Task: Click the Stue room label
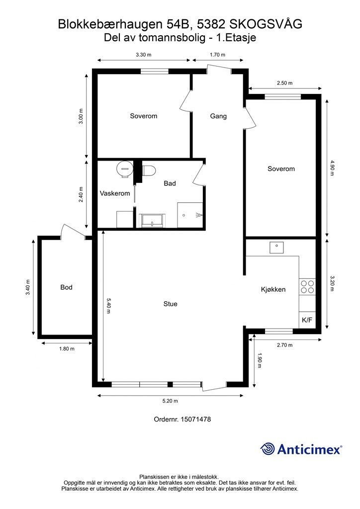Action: pyautogui.click(x=170, y=304)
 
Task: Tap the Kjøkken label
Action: pyautogui.click(x=273, y=289)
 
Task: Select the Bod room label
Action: pyautogui.click(x=66, y=287)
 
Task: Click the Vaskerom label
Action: pyautogui.click(x=115, y=193)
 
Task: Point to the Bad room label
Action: pyautogui.click(x=170, y=183)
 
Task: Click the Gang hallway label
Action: pyautogui.click(x=218, y=116)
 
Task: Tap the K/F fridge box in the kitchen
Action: pyautogui.click(x=307, y=320)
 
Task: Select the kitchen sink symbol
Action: pyautogui.click(x=276, y=247)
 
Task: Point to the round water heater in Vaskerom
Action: pyautogui.click(x=124, y=169)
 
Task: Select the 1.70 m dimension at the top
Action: pyautogui.click(x=218, y=55)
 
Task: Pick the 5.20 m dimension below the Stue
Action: pyautogui.click(x=170, y=401)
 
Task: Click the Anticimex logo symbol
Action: pyautogui.click(x=268, y=449)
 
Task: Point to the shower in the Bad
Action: pyautogui.click(x=191, y=215)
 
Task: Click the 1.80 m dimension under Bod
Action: pyautogui.click(x=67, y=348)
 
